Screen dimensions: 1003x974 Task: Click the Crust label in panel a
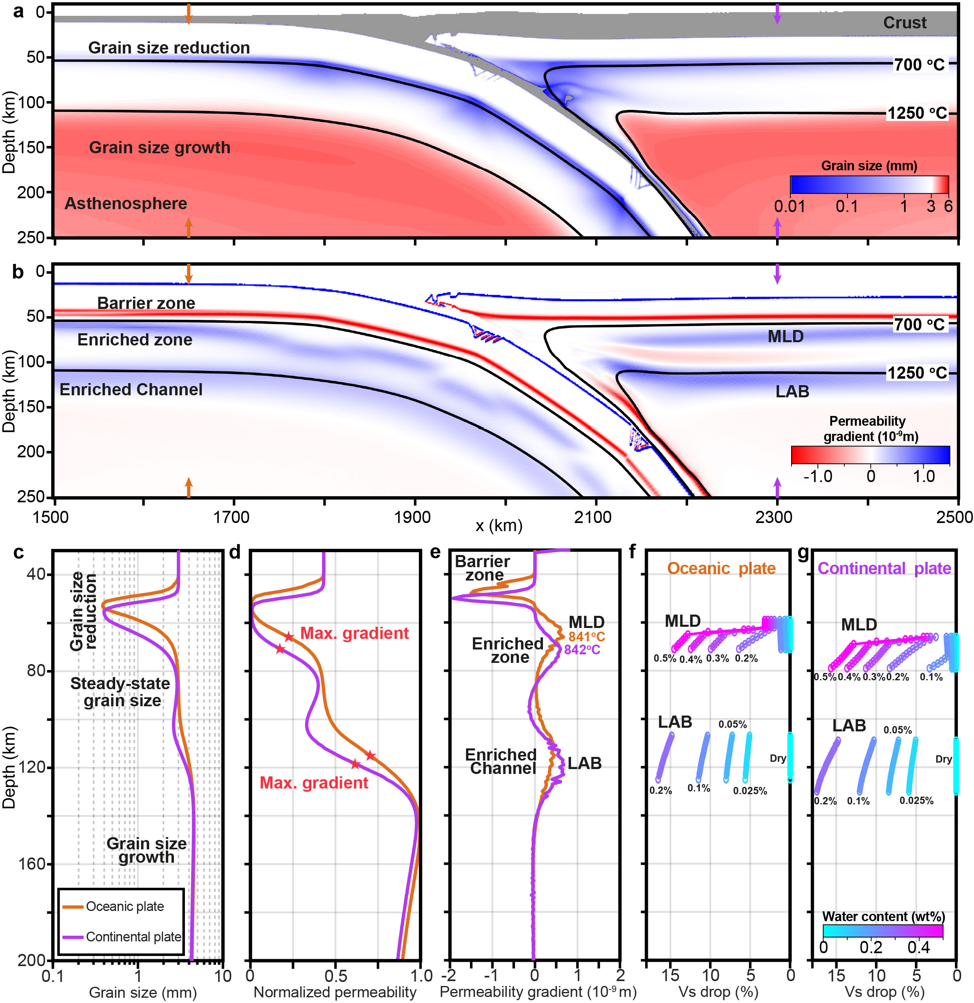pos(904,23)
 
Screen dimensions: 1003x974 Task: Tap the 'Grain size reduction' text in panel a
pos(169,47)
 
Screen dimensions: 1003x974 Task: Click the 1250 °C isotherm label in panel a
pos(917,113)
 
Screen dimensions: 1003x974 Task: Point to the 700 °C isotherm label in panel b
pos(919,324)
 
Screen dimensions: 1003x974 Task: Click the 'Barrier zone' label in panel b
pos(146,303)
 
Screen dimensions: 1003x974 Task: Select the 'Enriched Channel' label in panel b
pos(131,390)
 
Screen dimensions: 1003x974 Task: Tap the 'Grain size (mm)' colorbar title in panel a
pos(869,166)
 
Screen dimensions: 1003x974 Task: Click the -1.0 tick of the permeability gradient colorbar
pos(817,476)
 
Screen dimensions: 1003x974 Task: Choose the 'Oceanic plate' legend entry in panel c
pos(124,906)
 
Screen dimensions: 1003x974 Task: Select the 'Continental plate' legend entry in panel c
pos(133,937)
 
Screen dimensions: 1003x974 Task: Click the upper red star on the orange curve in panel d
pos(289,637)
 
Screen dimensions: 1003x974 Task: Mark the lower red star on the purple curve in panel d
pos(355,764)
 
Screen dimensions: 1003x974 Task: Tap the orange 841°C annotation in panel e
pos(587,637)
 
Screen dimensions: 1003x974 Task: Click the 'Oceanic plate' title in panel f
pos(721,568)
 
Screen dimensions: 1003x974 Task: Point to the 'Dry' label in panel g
pos(943,759)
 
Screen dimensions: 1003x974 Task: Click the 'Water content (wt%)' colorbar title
pos(884,916)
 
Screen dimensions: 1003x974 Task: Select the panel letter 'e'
pos(436,552)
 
